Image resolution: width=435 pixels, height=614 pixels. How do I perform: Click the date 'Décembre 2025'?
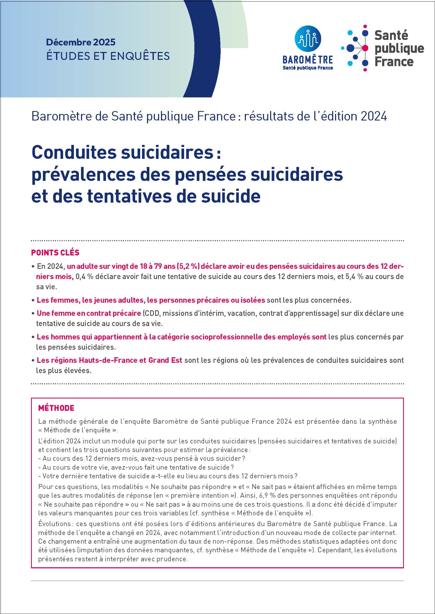pyautogui.click(x=81, y=42)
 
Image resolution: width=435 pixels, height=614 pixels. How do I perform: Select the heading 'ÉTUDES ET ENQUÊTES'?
pyautogui.click(x=108, y=56)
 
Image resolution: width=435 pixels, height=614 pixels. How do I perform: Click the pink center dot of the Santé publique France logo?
pyautogui.click(x=365, y=48)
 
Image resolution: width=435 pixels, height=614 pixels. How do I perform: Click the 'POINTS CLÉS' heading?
pyautogui.click(x=55, y=253)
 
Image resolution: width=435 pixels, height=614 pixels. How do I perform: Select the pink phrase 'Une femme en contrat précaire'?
pyautogui.click(x=89, y=313)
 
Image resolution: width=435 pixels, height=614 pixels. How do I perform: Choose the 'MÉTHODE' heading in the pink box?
pyautogui.click(x=56, y=408)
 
